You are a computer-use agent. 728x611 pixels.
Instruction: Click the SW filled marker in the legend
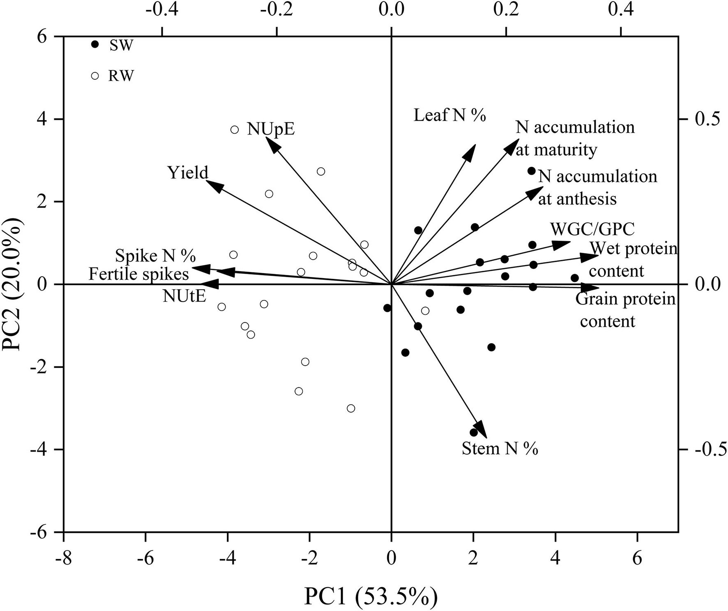(95, 44)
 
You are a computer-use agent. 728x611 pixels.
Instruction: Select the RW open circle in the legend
(95, 76)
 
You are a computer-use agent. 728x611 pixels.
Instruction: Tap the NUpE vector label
(271, 129)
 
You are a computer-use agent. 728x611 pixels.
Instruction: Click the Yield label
(188, 173)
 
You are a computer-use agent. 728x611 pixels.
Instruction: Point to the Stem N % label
(500, 448)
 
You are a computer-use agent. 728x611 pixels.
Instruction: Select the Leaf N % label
(449, 115)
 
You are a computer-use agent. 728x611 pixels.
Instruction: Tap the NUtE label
(184, 296)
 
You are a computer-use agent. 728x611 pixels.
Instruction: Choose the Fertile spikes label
(138, 274)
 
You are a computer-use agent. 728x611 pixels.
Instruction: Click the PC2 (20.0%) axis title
(14, 284)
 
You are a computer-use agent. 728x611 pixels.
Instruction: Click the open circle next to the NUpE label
(235, 129)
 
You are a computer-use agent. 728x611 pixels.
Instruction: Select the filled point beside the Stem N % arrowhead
(474, 433)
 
